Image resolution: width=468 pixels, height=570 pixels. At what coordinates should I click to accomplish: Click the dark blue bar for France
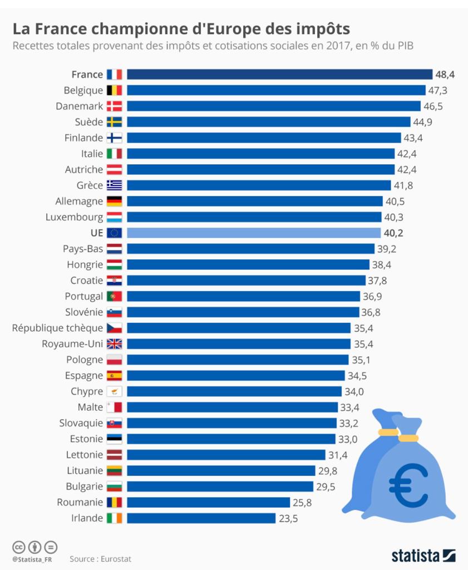(279, 75)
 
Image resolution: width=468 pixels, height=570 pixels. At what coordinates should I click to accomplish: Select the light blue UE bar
(254, 233)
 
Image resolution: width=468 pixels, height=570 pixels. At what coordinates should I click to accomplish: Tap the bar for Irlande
(201, 518)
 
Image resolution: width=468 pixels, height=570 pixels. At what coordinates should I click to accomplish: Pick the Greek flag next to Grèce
(114, 185)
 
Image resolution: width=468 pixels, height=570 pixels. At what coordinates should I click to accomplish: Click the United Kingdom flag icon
(114, 344)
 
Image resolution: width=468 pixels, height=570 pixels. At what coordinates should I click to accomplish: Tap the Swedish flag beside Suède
(114, 122)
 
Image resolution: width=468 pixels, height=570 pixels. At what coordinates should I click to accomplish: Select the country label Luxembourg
(74, 217)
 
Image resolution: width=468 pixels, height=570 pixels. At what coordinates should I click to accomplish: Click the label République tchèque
(57, 328)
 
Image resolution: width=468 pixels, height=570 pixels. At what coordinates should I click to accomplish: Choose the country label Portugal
(83, 296)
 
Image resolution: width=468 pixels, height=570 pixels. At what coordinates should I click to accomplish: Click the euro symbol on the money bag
(408, 484)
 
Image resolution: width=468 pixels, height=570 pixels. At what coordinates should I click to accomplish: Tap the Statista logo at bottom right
(423, 555)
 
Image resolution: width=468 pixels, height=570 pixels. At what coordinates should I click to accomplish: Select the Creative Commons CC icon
(19, 547)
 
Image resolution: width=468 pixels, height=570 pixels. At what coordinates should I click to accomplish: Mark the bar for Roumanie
(209, 503)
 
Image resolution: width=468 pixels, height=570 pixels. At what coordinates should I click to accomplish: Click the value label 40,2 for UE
(395, 233)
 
